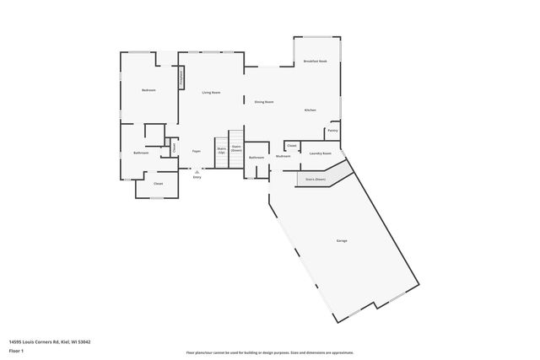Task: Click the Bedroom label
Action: [148, 89]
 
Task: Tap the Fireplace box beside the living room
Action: [180, 78]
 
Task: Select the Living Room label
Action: [211, 92]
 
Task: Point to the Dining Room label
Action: [264, 102]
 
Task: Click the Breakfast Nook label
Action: [316, 62]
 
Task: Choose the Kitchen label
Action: [310, 110]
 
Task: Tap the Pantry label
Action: [332, 131]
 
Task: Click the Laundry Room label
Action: [320, 153]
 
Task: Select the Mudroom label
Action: [283, 156]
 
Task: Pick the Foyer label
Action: [196, 152]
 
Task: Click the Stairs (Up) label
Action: [221, 150]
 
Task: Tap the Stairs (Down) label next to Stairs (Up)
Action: [236, 148]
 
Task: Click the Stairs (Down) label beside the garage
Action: [315, 180]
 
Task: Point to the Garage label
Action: [342, 241]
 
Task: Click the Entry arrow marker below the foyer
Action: [197, 171]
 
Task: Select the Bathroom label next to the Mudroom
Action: [256, 158]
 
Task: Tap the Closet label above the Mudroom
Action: [291, 145]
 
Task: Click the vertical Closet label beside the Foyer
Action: [174, 147]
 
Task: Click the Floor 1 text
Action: [16, 349]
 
